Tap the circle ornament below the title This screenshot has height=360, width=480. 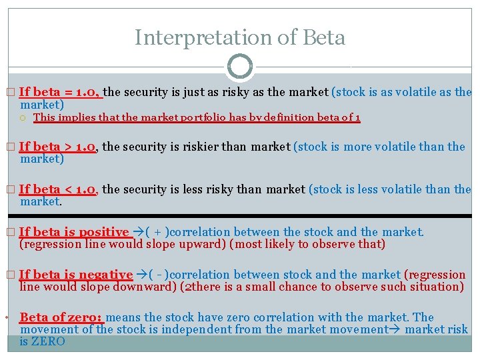click(240, 67)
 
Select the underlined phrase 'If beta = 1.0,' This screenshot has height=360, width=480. click(60, 92)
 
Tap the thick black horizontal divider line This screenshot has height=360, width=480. click(240, 216)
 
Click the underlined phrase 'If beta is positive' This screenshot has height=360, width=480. click(74, 232)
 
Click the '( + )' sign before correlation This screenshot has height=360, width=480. click(159, 232)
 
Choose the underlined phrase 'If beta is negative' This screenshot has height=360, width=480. click(76, 275)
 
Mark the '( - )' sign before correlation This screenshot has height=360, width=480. click(158, 275)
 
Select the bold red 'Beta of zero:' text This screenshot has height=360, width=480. click(61, 317)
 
